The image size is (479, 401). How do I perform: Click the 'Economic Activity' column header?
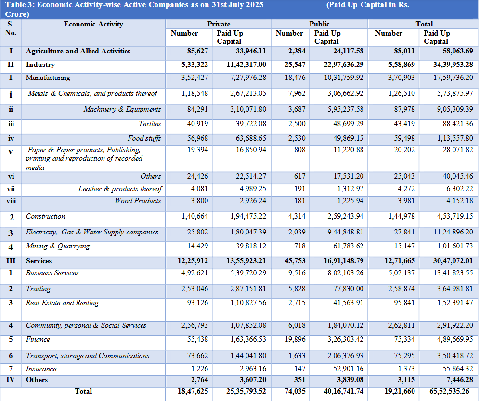(x=93, y=24)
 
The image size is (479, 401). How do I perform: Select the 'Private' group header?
(x=219, y=24)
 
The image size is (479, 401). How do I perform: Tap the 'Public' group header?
(x=319, y=24)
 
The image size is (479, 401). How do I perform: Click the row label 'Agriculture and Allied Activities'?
(x=78, y=51)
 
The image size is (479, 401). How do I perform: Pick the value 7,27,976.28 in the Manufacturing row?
(x=248, y=78)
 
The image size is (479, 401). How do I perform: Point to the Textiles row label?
(x=150, y=124)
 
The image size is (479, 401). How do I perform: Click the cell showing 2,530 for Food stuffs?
(x=297, y=138)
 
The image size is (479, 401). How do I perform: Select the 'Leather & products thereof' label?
(x=120, y=189)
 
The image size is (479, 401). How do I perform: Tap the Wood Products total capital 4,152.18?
(x=455, y=201)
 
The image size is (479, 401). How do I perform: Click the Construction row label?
(x=46, y=216)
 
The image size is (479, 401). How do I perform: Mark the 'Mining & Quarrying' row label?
(x=58, y=246)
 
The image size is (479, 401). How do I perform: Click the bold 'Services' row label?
(x=39, y=261)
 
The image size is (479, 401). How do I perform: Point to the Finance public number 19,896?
(x=295, y=339)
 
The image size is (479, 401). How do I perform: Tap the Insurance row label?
(x=41, y=369)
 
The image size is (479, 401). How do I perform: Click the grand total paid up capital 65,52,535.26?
(x=449, y=391)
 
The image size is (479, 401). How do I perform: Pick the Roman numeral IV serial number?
(x=11, y=380)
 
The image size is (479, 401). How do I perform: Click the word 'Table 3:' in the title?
(x=20, y=5)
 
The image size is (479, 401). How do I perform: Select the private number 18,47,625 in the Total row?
(x=193, y=391)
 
